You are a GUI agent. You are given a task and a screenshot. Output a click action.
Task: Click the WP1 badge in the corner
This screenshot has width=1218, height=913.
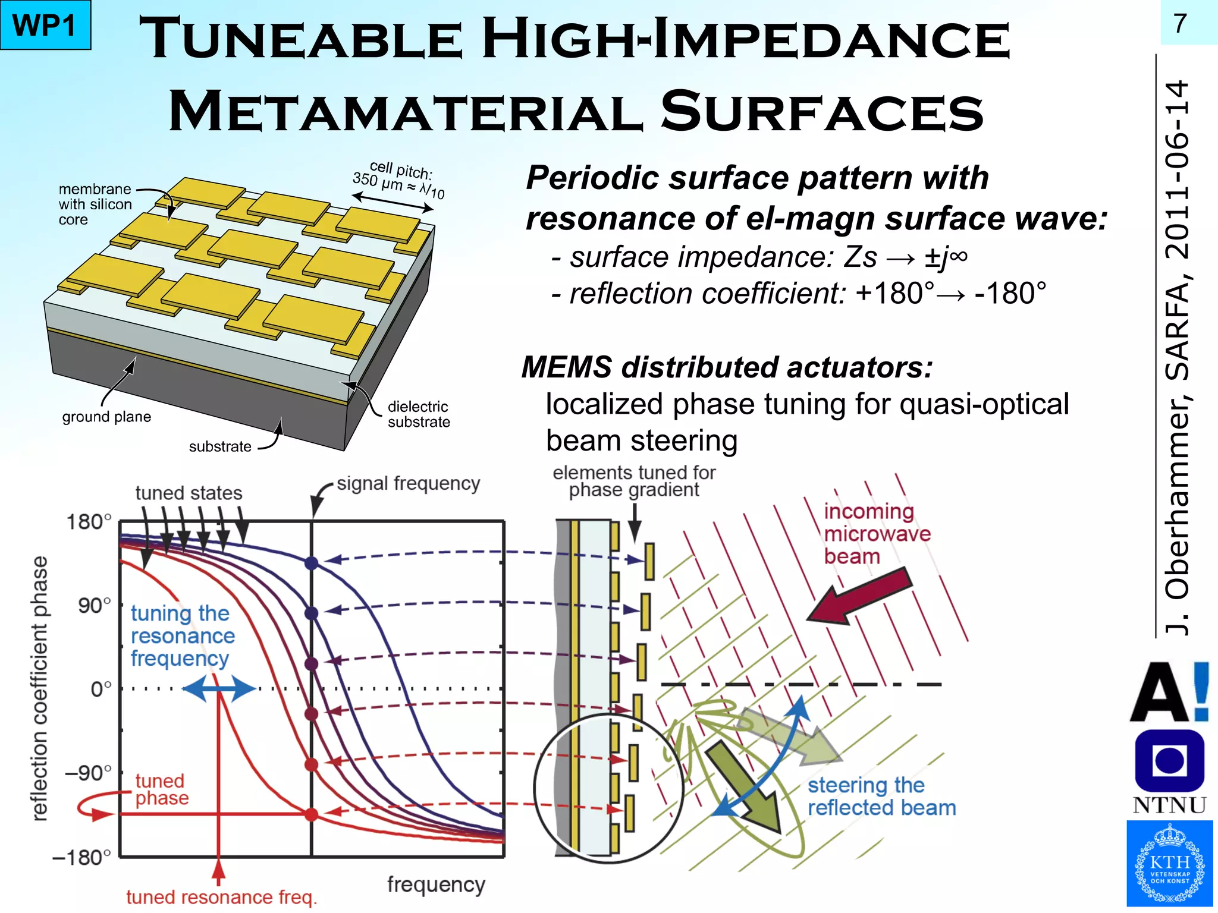pyautogui.click(x=45, y=25)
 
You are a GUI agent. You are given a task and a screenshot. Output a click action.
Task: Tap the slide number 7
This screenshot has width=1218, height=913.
pyautogui.click(x=1180, y=24)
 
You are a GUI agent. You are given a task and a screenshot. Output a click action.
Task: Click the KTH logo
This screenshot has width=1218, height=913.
pyautogui.click(x=1169, y=864)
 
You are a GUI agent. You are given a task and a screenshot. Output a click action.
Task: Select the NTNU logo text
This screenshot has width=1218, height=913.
pyautogui.click(x=1169, y=805)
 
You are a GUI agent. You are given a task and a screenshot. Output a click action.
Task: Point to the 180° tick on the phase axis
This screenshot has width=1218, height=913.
pyautogui.click(x=89, y=522)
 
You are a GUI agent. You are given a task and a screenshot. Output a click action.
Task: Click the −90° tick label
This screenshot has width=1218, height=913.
pyautogui.click(x=88, y=773)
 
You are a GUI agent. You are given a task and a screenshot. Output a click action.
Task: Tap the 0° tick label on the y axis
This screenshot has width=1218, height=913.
pyautogui.click(x=101, y=690)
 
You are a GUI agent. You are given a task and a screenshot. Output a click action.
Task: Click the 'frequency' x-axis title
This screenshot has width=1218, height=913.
pyautogui.click(x=436, y=884)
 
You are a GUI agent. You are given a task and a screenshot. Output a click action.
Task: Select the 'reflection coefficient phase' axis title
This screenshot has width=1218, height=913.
pyautogui.click(x=39, y=688)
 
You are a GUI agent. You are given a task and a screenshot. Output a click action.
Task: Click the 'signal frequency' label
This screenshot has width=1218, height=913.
pyautogui.click(x=408, y=484)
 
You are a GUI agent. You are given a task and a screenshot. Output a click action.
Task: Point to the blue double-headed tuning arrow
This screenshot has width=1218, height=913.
pyautogui.click(x=219, y=690)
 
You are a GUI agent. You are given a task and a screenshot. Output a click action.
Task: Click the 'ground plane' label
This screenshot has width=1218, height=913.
pyautogui.click(x=106, y=417)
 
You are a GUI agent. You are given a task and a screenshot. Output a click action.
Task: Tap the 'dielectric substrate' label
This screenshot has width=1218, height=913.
pyautogui.click(x=419, y=414)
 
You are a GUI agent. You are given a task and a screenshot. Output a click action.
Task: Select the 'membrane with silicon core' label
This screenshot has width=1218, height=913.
pyautogui.click(x=95, y=204)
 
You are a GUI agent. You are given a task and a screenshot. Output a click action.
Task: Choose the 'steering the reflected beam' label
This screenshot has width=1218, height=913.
pyautogui.click(x=881, y=796)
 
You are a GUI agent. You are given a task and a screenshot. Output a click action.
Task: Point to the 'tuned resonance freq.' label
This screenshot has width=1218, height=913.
pyautogui.click(x=221, y=897)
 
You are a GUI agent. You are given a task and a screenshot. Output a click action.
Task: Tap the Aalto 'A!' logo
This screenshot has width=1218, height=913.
pyautogui.click(x=1169, y=692)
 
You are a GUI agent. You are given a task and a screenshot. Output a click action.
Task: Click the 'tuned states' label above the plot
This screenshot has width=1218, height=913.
pyautogui.click(x=189, y=493)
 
